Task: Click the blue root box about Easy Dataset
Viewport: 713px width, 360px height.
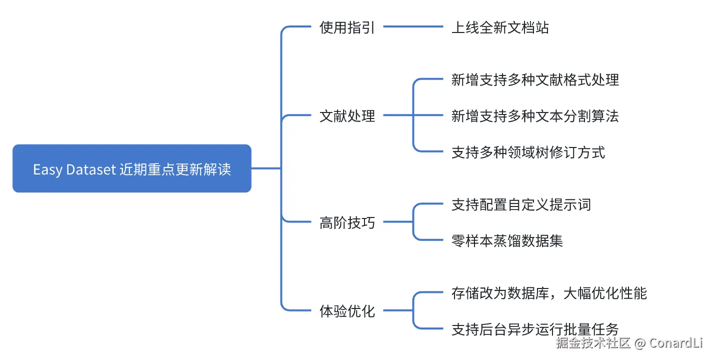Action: (132, 168)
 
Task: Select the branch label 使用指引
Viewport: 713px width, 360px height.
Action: (347, 27)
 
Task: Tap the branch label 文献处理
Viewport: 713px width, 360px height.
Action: (347, 116)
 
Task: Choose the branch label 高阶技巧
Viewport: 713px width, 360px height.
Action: (347, 222)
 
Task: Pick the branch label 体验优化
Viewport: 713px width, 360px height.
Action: (347, 311)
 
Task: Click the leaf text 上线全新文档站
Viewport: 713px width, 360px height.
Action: (500, 27)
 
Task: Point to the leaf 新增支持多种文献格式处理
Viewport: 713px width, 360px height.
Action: (535, 79)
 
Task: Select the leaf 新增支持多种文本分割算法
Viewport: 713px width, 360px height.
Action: (535, 116)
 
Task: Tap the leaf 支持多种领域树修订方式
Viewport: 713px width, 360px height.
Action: (528, 152)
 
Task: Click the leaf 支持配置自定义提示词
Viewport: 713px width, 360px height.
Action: (521, 204)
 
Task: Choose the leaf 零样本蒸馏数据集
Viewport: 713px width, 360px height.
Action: (507, 240)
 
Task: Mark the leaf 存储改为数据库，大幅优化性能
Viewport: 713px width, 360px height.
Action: (549, 293)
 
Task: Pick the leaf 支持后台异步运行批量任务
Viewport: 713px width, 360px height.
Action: (535, 329)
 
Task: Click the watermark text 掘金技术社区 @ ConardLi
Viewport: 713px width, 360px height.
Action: (629, 343)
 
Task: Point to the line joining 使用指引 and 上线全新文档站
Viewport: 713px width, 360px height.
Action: (413, 26)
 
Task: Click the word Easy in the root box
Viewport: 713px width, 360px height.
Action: (47, 169)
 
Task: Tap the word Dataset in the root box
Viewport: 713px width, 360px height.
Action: (91, 169)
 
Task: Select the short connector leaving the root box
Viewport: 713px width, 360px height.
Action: (266, 168)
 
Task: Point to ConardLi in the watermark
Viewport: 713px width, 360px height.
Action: (676, 343)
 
